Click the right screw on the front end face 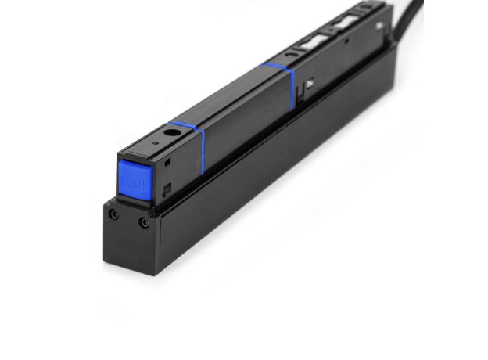click(144, 223)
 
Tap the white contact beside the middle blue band click(311, 81)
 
